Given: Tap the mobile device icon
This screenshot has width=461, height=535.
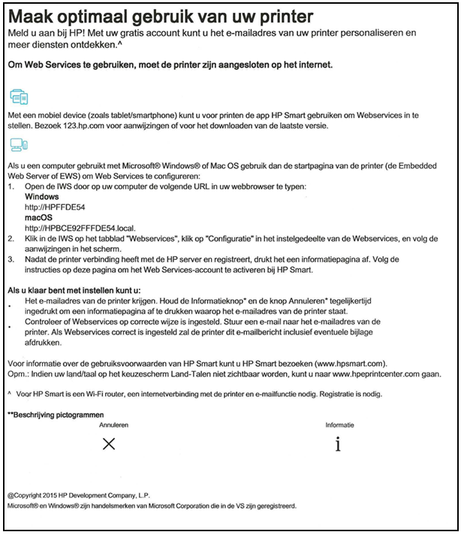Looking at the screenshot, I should click(19, 98).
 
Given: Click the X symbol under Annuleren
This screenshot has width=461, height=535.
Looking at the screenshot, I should click(109, 444).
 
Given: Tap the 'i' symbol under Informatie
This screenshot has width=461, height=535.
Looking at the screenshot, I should click(339, 444).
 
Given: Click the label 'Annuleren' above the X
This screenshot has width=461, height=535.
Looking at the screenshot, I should click(113, 425).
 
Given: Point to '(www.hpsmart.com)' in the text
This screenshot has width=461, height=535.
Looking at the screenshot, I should click(354, 363).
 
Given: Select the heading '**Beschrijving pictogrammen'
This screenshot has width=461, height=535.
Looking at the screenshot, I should click(56, 415).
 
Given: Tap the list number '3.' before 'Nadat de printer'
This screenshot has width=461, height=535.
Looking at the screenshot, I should click(11, 256).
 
